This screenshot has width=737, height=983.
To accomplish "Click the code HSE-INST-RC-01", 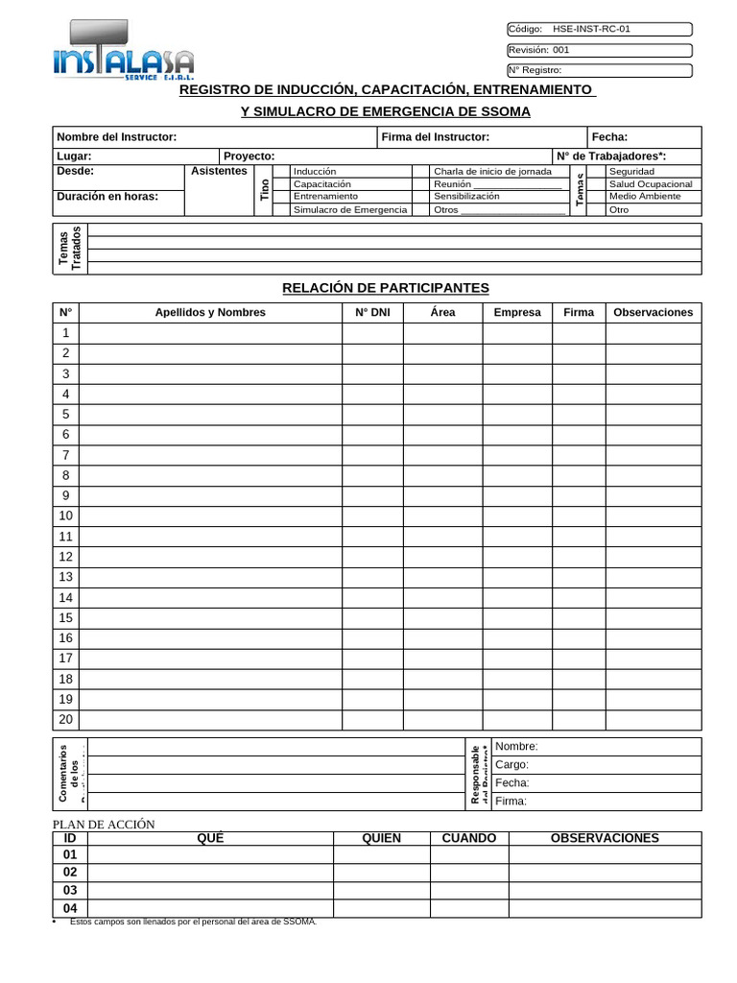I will [x=592, y=29].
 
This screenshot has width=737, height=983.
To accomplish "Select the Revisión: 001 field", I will [x=597, y=50].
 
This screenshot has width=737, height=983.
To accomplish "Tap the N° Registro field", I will [x=597, y=70].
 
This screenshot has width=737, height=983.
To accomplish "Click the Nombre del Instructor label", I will [x=117, y=137].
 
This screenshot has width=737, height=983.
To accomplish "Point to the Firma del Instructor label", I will [x=435, y=137].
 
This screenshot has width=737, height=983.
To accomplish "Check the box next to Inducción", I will [x=280, y=171].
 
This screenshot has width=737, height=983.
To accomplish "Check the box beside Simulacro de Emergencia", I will [x=280, y=209].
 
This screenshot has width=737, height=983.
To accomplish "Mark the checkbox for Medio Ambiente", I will [x=596, y=196].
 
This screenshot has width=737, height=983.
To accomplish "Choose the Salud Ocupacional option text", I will [x=650, y=183].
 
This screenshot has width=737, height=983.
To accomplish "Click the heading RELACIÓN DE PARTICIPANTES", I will [x=385, y=288].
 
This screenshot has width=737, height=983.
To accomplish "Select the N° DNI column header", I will [x=372, y=312].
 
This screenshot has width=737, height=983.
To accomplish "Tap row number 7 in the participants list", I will [x=66, y=455].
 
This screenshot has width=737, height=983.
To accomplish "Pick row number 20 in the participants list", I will [x=66, y=720].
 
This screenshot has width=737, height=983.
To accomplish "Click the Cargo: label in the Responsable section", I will [x=511, y=765].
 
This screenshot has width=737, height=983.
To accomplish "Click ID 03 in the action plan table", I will [x=69, y=890].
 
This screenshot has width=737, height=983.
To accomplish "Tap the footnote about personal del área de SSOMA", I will [x=192, y=922].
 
